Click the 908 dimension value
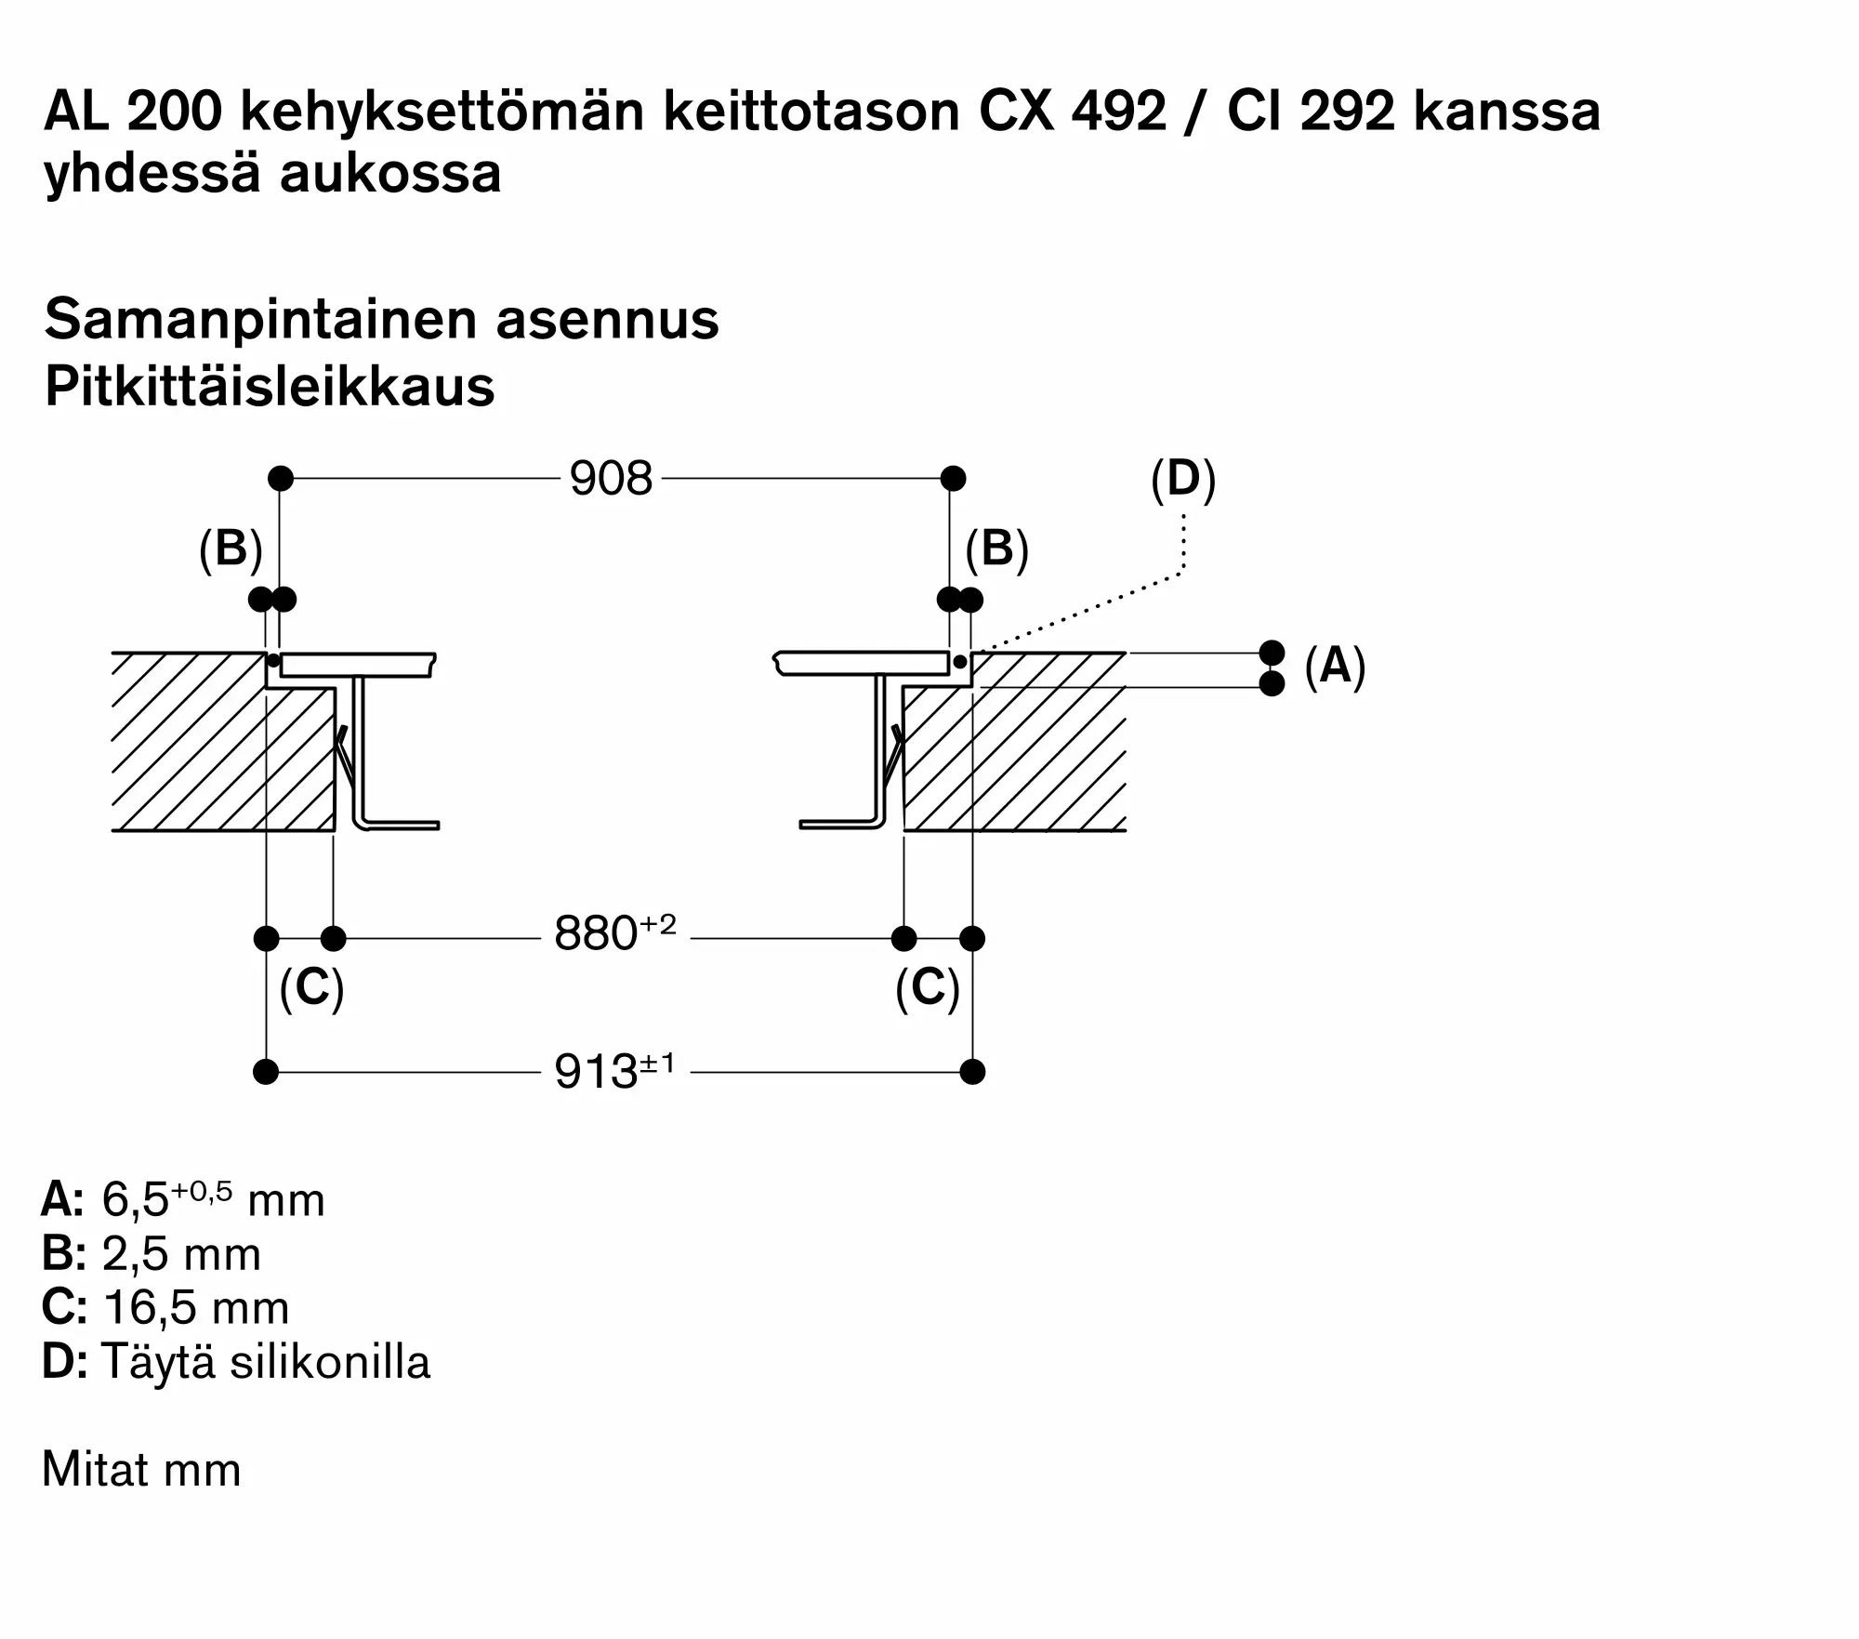pyautogui.click(x=611, y=480)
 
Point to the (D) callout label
pyautogui.click(x=1182, y=480)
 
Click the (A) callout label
pyautogui.click(x=1335, y=667)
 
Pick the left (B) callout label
pyautogui.click(x=231, y=549)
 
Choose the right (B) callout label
pyautogui.click(x=996, y=549)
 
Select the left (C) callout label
pyautogui.click(x=311, y=987)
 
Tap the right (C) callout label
pyautogui.click(x=927, y=987)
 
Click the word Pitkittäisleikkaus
pyautogui.click(x=270, y=387)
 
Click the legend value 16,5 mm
pyautogui.click(x=196, y=1308)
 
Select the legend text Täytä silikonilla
pyautogui.click(x=266, y=1362)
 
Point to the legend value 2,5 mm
pyautogui.click(x=181, y=1254)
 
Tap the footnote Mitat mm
pyautogui.click(x=141, y=1470)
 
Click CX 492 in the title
pyautogui.click(x=1072, y=112)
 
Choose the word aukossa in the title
pyautogui.click(x=390, y=174)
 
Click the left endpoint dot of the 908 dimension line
pyautogui.click(x=281, y=479)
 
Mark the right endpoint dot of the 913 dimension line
pyautogui.click(x=972, y=1072)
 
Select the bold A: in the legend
pyautogui.click(x=62, y=1200)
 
